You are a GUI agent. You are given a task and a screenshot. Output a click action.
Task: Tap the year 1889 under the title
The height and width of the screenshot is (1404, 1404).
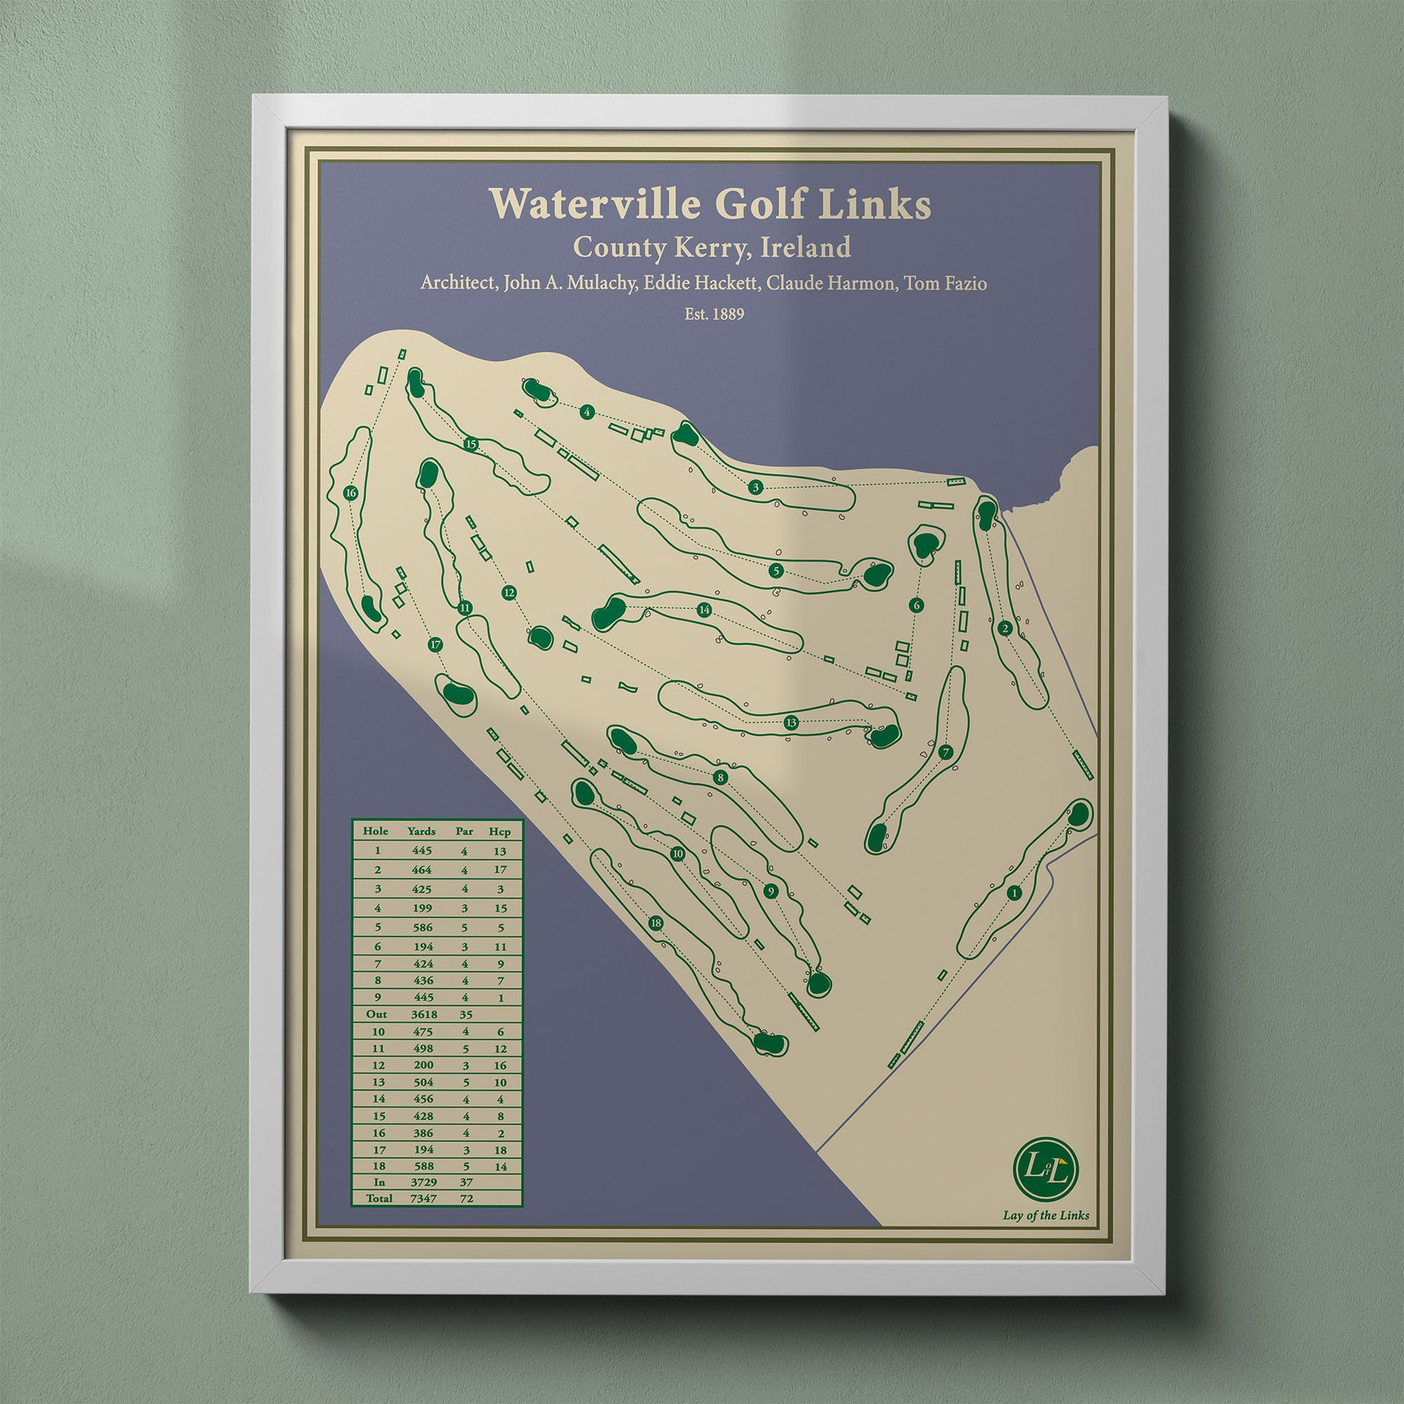tap(724, 315)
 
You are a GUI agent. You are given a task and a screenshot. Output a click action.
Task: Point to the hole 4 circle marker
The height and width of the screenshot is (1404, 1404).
tap(587, 413)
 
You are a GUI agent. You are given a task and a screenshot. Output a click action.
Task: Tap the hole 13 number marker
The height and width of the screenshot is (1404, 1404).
tap(791, 722)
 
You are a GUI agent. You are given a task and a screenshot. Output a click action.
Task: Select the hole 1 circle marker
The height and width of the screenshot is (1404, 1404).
tap(1014, 893)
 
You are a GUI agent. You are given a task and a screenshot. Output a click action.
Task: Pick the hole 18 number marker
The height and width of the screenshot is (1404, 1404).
tap(657, 923)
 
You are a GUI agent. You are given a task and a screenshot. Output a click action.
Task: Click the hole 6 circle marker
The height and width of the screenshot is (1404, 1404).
tap(916, 605)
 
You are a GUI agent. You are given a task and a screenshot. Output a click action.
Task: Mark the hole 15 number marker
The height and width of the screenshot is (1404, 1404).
tap(471, 444)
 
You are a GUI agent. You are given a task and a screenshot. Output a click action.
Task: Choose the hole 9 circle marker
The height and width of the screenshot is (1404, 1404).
tap(771, 892)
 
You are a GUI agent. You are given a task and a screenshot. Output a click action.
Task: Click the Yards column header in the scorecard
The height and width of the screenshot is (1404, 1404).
tap(421, 831)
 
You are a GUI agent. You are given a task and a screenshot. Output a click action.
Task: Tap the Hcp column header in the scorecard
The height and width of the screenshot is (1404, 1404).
tap(499, 831)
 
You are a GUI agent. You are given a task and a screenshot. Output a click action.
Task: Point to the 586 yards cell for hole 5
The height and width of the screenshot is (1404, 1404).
tap(421, 927)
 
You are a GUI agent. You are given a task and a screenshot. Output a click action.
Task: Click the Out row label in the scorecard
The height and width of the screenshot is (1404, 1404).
tap(377, 1014)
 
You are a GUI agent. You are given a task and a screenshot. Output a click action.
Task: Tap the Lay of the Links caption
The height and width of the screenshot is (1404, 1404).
tap(1045, 1215)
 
